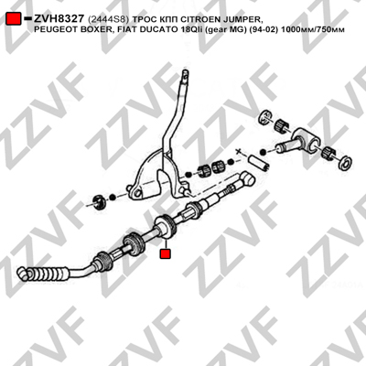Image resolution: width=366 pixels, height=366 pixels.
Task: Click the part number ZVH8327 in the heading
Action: [59, 19]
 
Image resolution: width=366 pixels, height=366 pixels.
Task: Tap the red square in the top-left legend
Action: [14, 18]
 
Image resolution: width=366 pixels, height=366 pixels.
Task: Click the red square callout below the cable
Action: [166, 253]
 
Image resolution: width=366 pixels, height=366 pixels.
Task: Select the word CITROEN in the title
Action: [197, 19]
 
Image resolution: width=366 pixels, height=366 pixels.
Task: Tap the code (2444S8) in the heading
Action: [108, 20]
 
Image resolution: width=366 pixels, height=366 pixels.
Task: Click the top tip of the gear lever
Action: [185, 72]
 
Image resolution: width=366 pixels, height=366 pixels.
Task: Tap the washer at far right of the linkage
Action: [346, 163]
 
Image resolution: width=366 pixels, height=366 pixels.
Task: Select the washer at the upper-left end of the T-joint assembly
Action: [264, 117]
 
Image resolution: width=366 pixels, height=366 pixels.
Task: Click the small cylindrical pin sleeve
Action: [259, 162]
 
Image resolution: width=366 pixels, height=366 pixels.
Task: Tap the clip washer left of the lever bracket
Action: [99, 202]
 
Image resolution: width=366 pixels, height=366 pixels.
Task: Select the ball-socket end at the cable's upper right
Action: [248, 178]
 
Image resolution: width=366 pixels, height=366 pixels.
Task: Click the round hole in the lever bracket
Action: [138, 193]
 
